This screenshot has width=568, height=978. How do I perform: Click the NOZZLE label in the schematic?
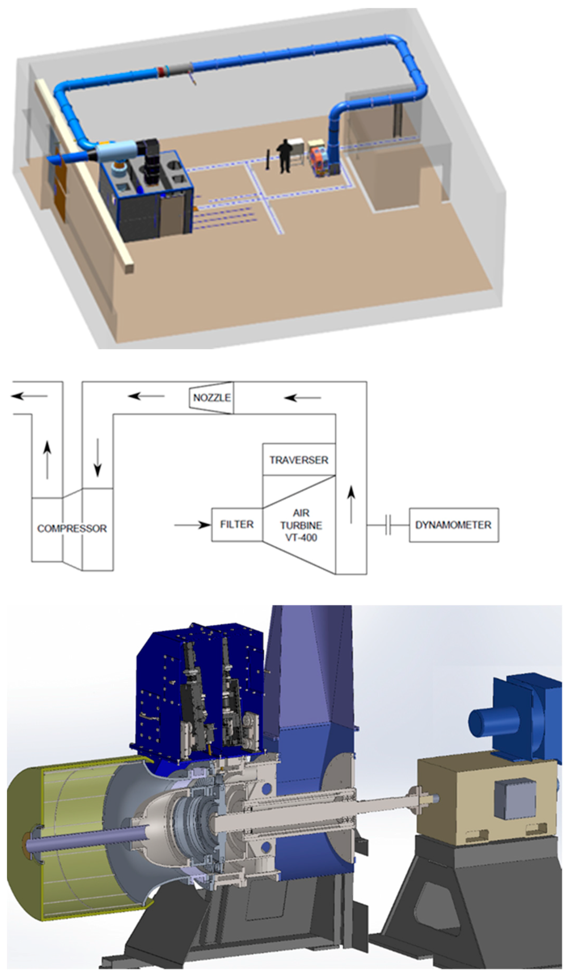[x=212, y=397]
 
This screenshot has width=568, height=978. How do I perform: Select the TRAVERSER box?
[x=299, y=459]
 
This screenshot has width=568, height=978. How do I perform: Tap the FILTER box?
[x=236, y=524]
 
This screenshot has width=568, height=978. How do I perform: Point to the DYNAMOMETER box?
[x=453, y=525]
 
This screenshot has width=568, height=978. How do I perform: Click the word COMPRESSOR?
[x=72, y=528]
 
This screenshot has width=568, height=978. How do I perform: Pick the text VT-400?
[x=301, y=538]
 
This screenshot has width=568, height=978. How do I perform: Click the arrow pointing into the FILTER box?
[x=192, y=525]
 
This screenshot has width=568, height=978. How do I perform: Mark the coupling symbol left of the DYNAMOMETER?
[x=388, y=525]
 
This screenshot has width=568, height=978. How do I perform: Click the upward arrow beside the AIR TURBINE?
[x=351, y=504]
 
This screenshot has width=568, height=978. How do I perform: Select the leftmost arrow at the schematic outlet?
[x=29, y=396]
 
